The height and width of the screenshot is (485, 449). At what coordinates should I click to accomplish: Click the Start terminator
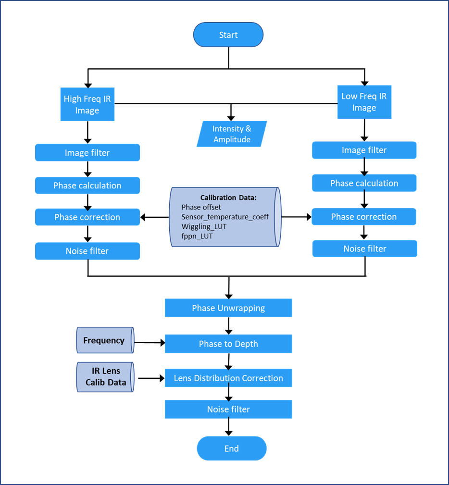[228, 35]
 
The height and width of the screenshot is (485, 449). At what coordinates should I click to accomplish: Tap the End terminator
[231, 448]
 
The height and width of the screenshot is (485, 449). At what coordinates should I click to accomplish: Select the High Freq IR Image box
[87, 104]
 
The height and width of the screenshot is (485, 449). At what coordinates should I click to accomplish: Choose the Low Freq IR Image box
[364, 102]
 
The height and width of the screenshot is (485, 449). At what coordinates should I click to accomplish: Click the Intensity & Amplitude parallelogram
[232, 134]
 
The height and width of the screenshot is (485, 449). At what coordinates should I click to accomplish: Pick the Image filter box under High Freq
[87, 152]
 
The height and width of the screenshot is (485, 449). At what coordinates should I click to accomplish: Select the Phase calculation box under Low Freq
[364, 183]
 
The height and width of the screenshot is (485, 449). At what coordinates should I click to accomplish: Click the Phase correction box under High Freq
[87, 217]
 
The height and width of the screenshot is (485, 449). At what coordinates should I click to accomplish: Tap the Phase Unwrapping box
[228, 308]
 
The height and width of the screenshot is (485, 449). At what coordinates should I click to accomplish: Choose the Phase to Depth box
[228, 344]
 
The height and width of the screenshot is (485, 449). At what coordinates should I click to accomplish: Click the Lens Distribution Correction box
[228, 378]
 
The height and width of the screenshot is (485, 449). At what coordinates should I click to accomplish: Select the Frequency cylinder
[105, 340]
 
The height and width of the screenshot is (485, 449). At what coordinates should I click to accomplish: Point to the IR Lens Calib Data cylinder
[105, 377]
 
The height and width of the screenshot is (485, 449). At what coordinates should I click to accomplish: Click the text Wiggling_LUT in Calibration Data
[204, 226]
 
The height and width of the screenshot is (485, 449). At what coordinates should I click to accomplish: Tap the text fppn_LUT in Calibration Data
[197, 236]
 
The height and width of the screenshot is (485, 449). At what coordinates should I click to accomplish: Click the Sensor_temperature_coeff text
[225, 217]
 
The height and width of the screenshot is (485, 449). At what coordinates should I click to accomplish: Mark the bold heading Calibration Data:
[228, 198]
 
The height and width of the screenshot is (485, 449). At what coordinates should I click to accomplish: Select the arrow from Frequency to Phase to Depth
[150, 342]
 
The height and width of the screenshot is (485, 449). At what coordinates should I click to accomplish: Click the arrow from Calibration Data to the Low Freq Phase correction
[297, 217]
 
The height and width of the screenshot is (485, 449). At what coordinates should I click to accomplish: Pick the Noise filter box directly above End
[228, 409]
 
